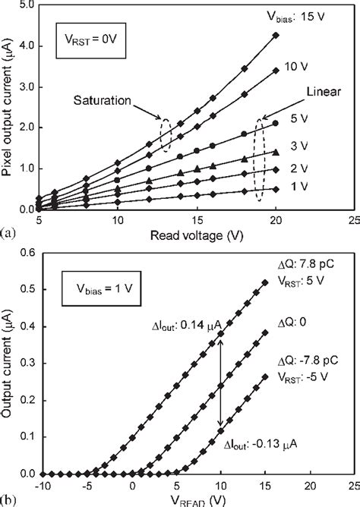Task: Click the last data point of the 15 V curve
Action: (276, 35)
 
